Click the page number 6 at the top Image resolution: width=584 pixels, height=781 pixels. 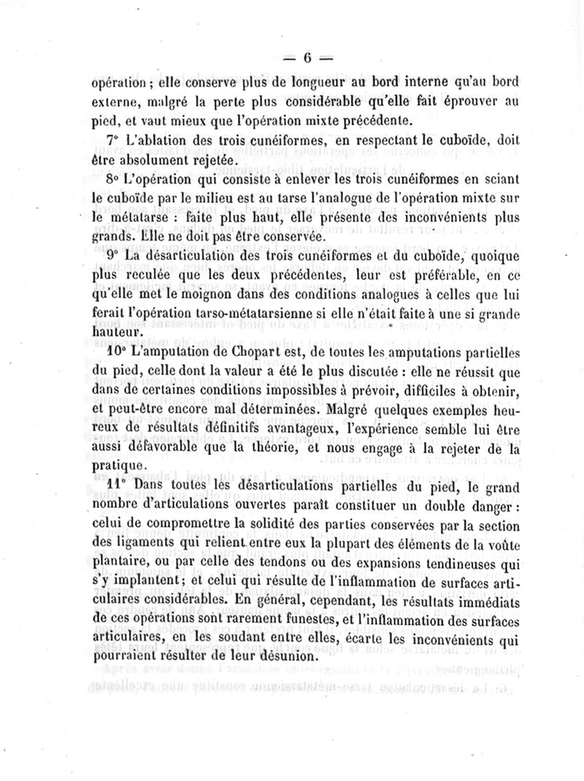pos(307,58)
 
